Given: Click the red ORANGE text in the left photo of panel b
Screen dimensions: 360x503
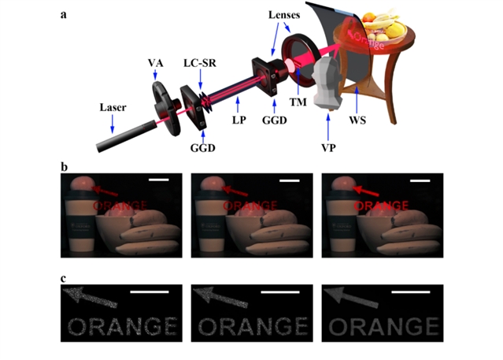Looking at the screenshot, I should [x=120, y=206].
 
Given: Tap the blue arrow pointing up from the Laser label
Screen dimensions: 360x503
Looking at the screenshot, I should [x=113, y=124].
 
